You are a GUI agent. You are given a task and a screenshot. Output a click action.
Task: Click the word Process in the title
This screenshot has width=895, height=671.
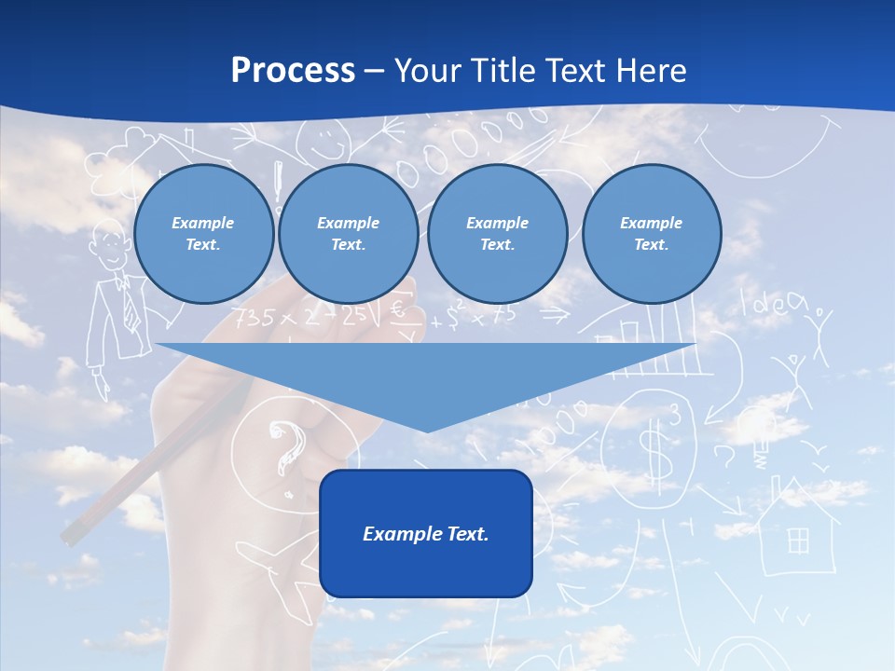(x=293, y=71)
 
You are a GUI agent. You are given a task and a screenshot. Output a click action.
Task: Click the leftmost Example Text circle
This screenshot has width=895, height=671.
(x=203, y=234)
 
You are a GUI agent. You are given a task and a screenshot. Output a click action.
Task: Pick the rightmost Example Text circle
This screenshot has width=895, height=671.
(x=652, y=234)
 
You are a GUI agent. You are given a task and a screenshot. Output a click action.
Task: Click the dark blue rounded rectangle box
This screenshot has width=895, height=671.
(x=426, y=533)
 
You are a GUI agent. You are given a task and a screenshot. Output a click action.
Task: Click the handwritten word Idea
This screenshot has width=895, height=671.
(x=772, y=304)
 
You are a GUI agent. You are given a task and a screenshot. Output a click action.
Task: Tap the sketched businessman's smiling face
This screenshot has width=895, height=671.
(x=110, y=244)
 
